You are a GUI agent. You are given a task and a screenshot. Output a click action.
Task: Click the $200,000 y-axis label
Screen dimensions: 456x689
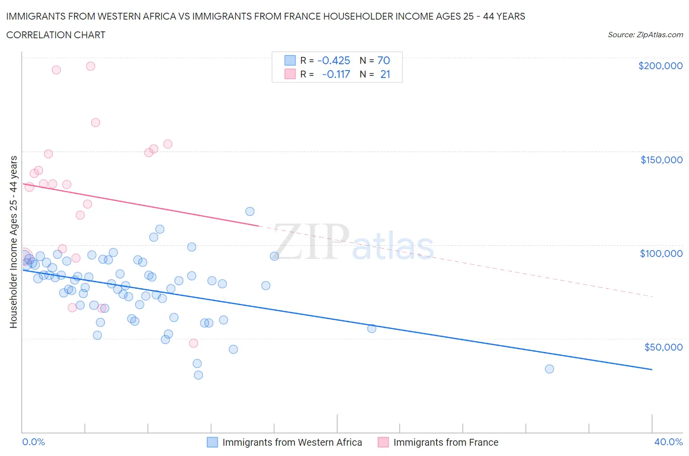[x=660, y=66]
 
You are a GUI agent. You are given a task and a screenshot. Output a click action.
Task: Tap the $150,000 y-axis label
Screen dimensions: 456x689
[x=661, y=160]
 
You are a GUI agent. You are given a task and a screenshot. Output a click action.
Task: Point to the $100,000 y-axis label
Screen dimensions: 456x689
[x=661, y=253]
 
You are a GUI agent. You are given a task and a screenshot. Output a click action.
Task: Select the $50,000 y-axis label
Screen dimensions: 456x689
[x=663, y=347]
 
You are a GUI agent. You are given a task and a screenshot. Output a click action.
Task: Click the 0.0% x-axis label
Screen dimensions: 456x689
[x=33, y=442]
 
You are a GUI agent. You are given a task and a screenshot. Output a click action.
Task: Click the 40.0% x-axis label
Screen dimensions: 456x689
[x=668, y=442]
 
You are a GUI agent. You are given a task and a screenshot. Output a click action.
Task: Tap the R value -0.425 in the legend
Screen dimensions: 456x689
[x=334, y=60]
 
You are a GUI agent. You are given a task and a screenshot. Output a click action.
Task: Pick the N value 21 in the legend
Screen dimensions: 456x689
[x=385, y=74]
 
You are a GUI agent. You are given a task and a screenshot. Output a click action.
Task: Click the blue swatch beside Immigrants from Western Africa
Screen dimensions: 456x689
[x=212, y=442]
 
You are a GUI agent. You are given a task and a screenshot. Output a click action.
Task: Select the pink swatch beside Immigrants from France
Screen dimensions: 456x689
[x=383, y=442]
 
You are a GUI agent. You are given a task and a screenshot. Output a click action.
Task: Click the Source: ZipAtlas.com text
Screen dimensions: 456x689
[x=645, y=35]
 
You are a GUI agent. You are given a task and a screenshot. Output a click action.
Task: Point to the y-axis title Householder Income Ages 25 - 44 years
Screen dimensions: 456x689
[x=14, y=242]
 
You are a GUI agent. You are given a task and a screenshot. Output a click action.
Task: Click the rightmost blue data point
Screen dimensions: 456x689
[x=549, y=369]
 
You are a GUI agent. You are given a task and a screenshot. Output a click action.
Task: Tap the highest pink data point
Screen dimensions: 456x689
[x=91, y=66]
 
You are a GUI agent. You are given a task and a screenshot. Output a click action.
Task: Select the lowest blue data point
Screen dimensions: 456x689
[x=198, y=375]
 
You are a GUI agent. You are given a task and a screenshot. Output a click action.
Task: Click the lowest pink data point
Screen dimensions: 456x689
[x=194, y=343]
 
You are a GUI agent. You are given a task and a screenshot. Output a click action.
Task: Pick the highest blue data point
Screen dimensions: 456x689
[x=250, y=211]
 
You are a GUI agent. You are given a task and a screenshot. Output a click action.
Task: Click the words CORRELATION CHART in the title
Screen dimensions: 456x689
[x=56, y=35]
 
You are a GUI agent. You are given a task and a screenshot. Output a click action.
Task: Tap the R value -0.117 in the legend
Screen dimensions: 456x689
[x=336, y=74]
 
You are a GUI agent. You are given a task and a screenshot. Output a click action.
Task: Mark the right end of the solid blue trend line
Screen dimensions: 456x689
[x=652, y=369]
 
